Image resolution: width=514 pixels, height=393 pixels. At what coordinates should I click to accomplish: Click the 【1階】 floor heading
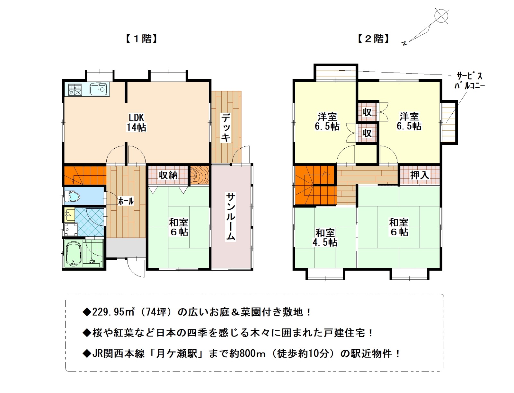click(x=141, y=39)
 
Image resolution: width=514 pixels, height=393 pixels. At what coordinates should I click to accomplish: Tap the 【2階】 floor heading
click(x=374, y=39)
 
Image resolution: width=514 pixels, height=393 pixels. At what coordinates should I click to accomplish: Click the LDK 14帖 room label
click(x=136, y=122)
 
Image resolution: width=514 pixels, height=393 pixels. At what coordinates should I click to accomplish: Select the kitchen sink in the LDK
click(x=98, y=89)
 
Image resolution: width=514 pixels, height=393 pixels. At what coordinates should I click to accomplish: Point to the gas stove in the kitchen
click(x=75, y=89)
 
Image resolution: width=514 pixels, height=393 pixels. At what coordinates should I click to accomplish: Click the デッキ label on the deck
click(x=226, y=127)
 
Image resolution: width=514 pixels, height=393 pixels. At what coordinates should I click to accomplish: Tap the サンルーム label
click(x=231, y=217)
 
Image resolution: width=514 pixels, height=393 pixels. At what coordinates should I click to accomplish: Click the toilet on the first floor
click(x=72, y=196)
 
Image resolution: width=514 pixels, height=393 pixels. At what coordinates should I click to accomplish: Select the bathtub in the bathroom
click(x=74, y=254)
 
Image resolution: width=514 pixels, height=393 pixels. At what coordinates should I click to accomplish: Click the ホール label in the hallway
click(x=126, y=201)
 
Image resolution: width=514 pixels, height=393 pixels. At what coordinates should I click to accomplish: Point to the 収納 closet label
click(x=168, y=175)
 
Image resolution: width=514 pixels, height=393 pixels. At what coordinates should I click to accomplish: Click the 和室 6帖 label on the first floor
click(x=179, y=227)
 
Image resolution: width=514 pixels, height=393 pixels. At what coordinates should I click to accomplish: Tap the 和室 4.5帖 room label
click(x=325, y=238)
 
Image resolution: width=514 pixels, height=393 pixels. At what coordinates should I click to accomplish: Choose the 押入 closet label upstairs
click(x=420, y=175)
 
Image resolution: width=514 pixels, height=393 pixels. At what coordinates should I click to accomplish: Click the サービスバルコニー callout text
click(x=469, y=81)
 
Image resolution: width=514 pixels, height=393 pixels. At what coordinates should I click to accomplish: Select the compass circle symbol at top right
click(x=441, y=15)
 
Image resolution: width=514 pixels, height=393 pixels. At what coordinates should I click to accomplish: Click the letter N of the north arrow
click(x=404, y=43)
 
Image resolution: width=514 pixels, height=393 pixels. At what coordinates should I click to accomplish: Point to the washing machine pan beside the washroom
click(x=71, y=229)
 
